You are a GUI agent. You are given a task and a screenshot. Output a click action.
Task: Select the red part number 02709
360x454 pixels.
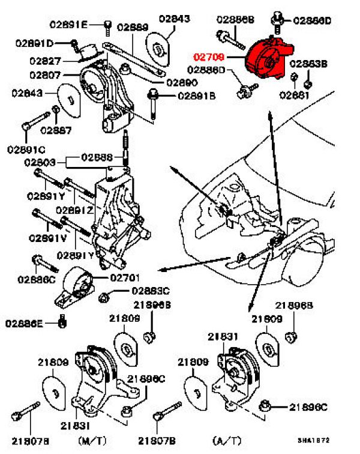click(209, 58)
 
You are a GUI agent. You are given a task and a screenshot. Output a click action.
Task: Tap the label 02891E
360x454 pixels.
click(68, 24)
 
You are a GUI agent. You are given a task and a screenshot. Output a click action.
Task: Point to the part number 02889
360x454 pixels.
click(133, 27)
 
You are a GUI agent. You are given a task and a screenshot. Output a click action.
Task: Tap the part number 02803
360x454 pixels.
click(40, 163)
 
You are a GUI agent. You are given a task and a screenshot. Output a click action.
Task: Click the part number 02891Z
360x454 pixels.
click(75, 210)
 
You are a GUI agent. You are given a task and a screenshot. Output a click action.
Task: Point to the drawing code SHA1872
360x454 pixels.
click(313, 440)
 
